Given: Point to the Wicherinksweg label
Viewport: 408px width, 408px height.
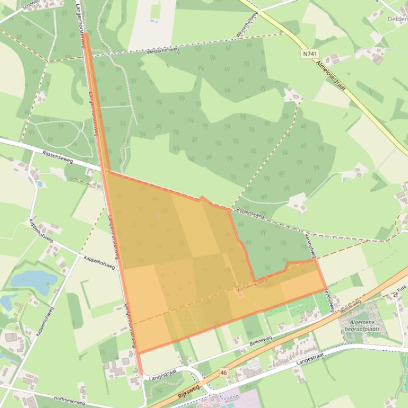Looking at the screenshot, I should [252, 286].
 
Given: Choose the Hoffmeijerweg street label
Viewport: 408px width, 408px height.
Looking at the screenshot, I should [69, 398].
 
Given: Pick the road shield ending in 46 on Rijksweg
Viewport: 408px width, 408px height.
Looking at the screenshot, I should [223, 372].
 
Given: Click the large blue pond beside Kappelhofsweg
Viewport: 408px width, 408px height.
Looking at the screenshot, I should [33, 279].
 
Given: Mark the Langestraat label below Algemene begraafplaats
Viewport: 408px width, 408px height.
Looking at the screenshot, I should [310, 359].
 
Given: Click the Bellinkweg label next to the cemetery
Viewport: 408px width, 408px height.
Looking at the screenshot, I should [350, 307].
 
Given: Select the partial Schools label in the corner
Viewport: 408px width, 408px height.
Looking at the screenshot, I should [30, 5].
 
